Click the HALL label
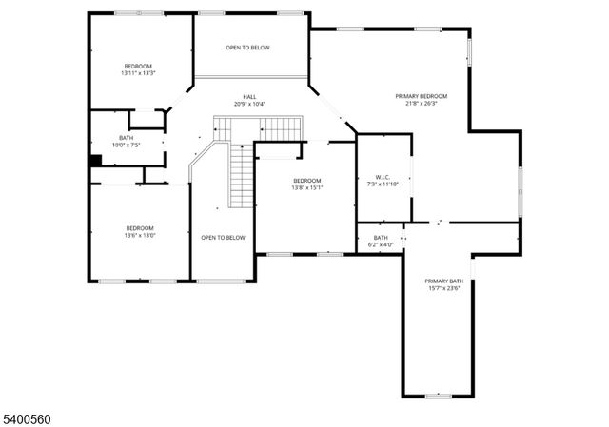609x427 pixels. (x=249, y=96)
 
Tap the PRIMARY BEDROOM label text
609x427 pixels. (x=422, y=96)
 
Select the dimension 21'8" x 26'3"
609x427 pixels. (x=422, y=104)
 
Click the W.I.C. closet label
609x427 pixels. (x=383, y=176)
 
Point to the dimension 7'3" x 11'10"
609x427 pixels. (x=383, y=184)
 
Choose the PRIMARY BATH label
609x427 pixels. (x=443, y=281)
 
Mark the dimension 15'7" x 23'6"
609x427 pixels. (x=443, y=288)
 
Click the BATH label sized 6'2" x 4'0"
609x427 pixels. (x=381, y=237)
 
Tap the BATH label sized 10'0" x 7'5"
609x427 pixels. (x=126, y=138)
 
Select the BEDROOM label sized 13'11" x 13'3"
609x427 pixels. (x=138, y=66)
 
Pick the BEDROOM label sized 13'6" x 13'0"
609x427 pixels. (x=140, y=227)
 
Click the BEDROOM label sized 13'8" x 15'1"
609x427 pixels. (x=307, y=180)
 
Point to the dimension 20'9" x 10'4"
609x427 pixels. (x=249, y=104)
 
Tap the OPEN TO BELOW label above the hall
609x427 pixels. (x=246, y=47)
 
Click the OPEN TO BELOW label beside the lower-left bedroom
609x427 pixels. (x=223, y=237)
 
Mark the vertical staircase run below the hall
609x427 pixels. (x=242, y=176)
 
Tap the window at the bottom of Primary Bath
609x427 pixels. (x=438, y=395)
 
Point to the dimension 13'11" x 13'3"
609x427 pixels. (x=138, y=73)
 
